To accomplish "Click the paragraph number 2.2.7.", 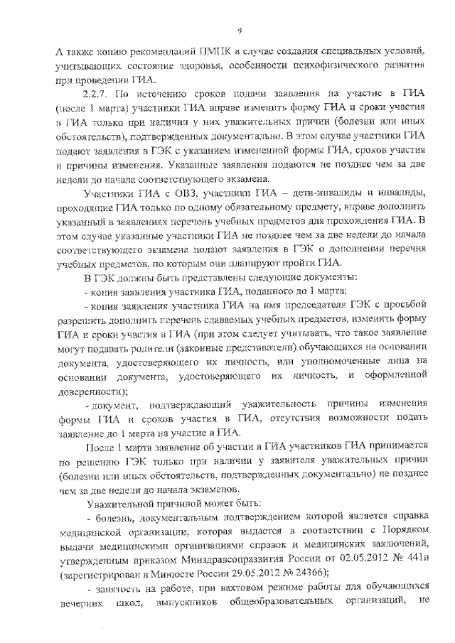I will tap(97, 92).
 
